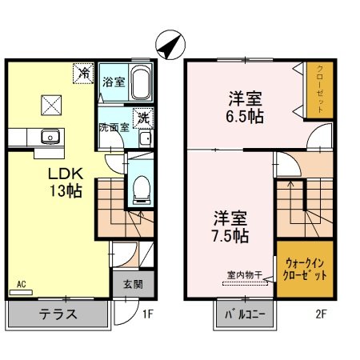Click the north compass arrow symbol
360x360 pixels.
[170, 45]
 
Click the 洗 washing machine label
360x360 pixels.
[144, 117]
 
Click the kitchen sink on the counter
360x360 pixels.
[50, 138]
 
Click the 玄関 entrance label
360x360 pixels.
[132, 283]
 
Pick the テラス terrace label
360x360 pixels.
[58, 314]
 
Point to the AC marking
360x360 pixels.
[21, 284]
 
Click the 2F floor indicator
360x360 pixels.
[320, 314]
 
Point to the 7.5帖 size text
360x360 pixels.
[230, 236]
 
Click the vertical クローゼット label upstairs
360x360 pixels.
[320, 89]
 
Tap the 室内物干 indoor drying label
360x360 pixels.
[243, 275]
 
